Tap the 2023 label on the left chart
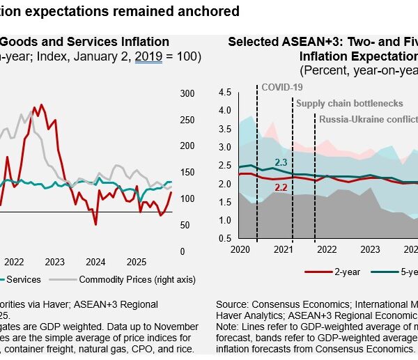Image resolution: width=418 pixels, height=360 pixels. click(55, 262)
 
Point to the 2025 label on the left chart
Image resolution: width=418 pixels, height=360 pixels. click(136, 262)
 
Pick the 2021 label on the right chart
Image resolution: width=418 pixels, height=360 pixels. click(283, 249)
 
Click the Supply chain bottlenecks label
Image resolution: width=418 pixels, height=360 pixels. click(350, 104)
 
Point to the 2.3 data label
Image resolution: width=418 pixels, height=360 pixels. click(281, 162)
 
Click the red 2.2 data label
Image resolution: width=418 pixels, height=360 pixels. click(281, 187)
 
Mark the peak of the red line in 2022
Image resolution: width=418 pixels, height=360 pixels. click(41, 105)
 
